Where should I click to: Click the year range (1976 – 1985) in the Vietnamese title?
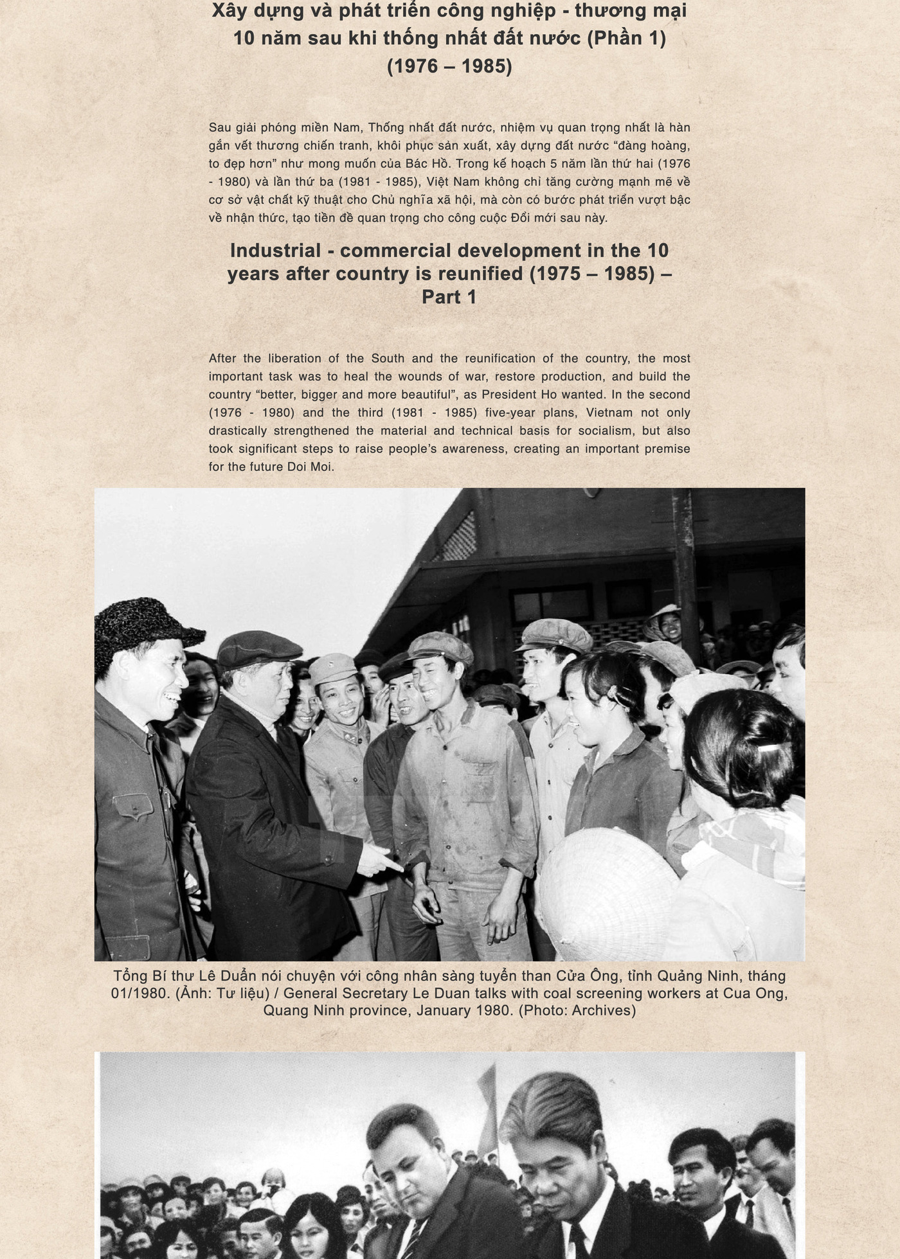(449, 66)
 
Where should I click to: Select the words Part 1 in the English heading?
(449, 297)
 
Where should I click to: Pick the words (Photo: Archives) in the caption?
(577, 1010)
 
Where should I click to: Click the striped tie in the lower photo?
(410, 1237)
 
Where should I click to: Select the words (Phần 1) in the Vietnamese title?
(626, 38)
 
